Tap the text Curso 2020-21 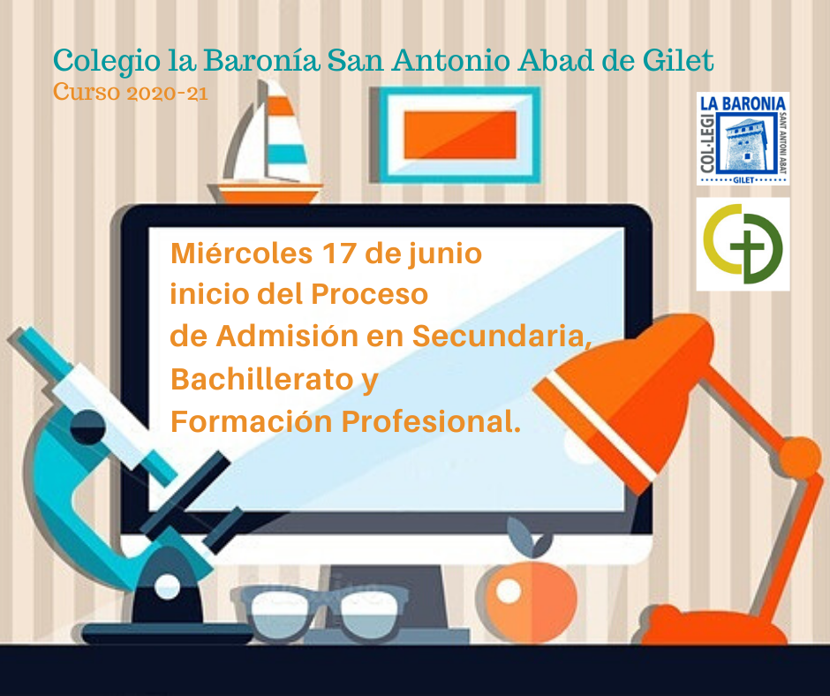pos(130,92)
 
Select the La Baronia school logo pos(743,139)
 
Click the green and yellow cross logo pos(743,244)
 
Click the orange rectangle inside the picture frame pos(460,134)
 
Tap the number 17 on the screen pos(339,253)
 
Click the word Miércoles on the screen pos(241,253)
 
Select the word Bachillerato pos(262,379)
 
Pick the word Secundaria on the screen pos(502,336)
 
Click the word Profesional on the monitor pos(431,421)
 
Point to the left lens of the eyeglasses pos(280,613)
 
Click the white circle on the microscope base pos(167,586)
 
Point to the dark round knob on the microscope pos(88,427)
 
